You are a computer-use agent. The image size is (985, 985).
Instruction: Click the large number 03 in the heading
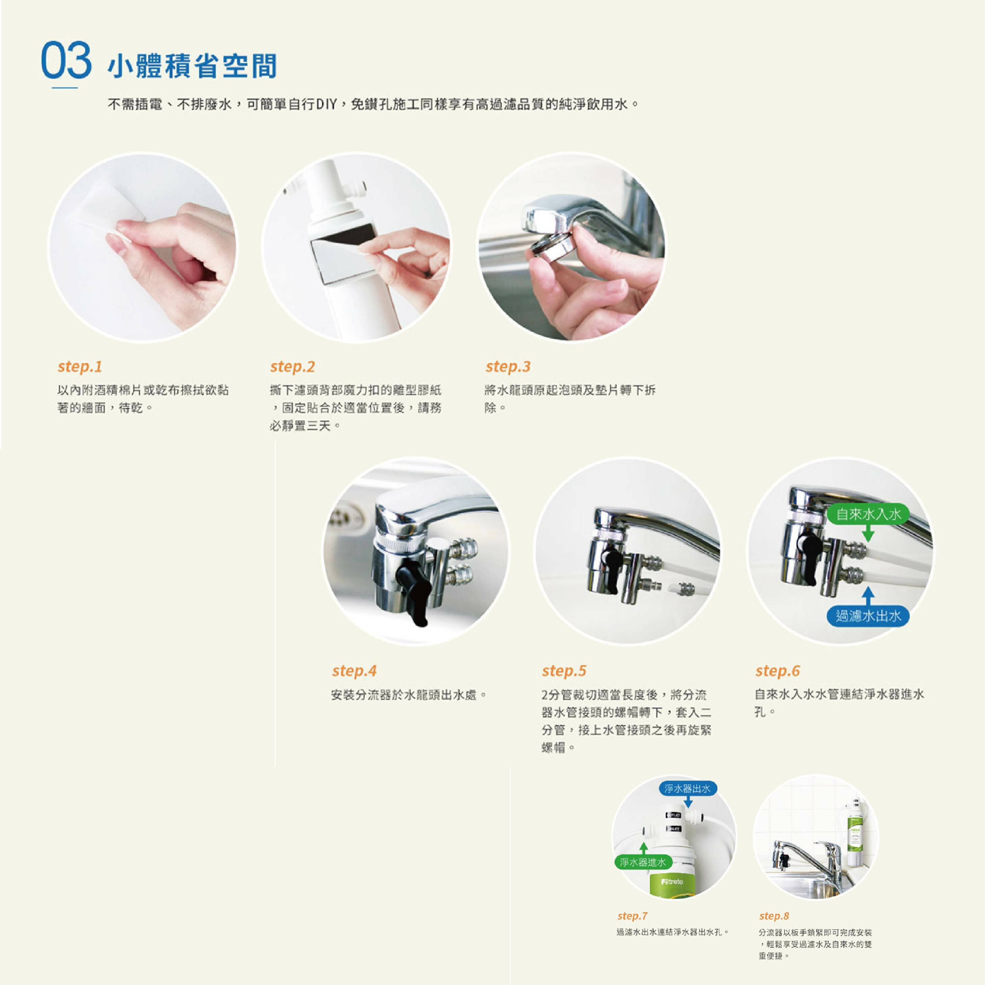pos(66,61)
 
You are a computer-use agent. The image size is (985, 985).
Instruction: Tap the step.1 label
pos(80,367)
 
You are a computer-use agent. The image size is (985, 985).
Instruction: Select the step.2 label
pos(293,367)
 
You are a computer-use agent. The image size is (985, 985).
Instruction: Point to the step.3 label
pos(508,367)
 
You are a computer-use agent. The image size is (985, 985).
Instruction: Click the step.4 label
pos(354,671)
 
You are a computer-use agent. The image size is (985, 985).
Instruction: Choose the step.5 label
pos(564,671)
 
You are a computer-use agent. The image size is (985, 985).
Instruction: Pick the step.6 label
pos(778,671)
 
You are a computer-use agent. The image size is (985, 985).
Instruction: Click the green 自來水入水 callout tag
pos(868,514)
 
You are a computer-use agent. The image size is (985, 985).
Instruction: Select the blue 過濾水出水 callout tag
pos(868,616)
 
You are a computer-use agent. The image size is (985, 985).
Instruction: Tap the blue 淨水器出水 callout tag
pos(688,789)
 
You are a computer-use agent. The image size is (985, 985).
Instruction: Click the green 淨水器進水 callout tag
pos(643,862)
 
